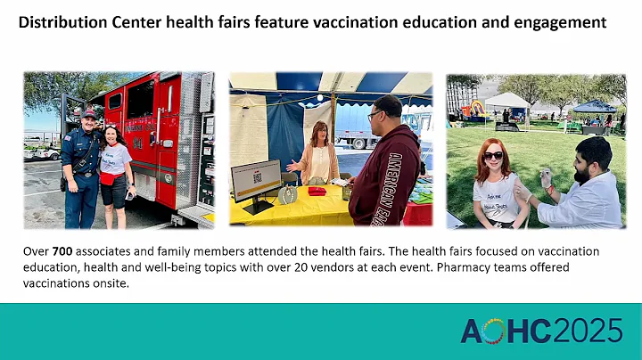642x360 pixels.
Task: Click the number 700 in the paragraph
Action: [63, 251]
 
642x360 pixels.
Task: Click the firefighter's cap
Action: [88, 112]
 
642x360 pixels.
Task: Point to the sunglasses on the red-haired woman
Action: [493, 155]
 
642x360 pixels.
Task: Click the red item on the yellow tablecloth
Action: [316, 191]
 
